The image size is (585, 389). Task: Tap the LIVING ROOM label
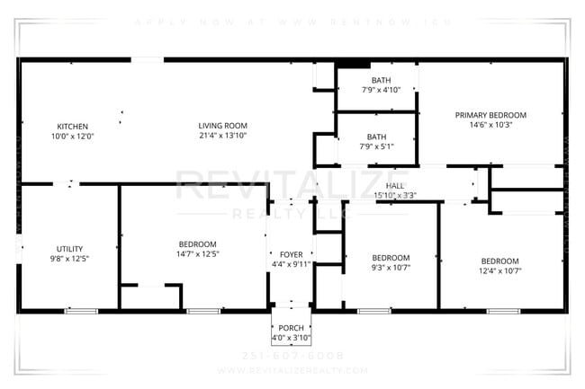[222, 125]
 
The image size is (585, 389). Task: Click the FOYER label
[291, 253]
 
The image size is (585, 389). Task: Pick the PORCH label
[291, 328]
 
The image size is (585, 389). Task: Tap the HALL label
[394, 184]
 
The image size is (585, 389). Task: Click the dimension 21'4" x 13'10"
[222, 136]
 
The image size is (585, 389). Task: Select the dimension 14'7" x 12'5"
[197, 254]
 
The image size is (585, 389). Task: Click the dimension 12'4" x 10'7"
[499, 270]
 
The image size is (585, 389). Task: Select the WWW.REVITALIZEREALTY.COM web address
[292, 369]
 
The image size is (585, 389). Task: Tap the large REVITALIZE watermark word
[292, 186]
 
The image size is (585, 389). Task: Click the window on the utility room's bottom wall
[81, 311]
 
